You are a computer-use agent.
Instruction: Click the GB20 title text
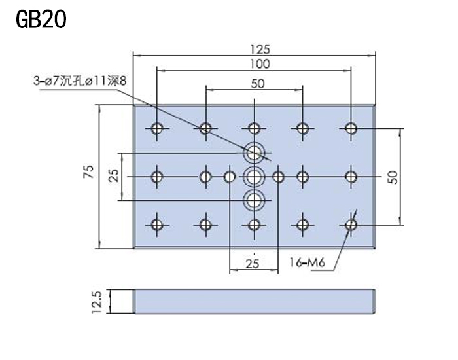click(41, 19)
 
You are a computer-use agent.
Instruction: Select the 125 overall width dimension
click(260, 49)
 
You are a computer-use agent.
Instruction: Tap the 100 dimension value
click(260, 64)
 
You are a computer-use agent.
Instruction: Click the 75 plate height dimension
click(89, 171)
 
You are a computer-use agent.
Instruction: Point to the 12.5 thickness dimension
click(97, 302)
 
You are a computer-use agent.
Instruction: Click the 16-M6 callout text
click(308, 262)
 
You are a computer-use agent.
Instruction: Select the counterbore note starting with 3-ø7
click(80, 81)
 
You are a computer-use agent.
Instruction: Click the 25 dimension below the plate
click(253, 264)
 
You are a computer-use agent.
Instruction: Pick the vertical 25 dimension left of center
click(114, 175)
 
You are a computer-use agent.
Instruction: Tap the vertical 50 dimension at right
click(394, 177)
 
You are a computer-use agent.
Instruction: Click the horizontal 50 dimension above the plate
click(258, 84)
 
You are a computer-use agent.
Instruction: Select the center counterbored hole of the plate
click(254, 177)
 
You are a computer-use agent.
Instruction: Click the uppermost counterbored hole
click(254, 153)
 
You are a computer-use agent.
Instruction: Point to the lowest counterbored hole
click(254, 200)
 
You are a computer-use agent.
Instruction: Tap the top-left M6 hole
click(157, 128)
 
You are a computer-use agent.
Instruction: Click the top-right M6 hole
click(351, 128)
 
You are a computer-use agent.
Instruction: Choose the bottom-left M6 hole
click(157, 225)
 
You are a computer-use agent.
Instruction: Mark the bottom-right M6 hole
click(351, 225)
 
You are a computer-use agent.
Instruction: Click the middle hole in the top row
click(254, 128)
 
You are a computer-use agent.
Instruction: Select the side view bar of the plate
click(254, 302)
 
